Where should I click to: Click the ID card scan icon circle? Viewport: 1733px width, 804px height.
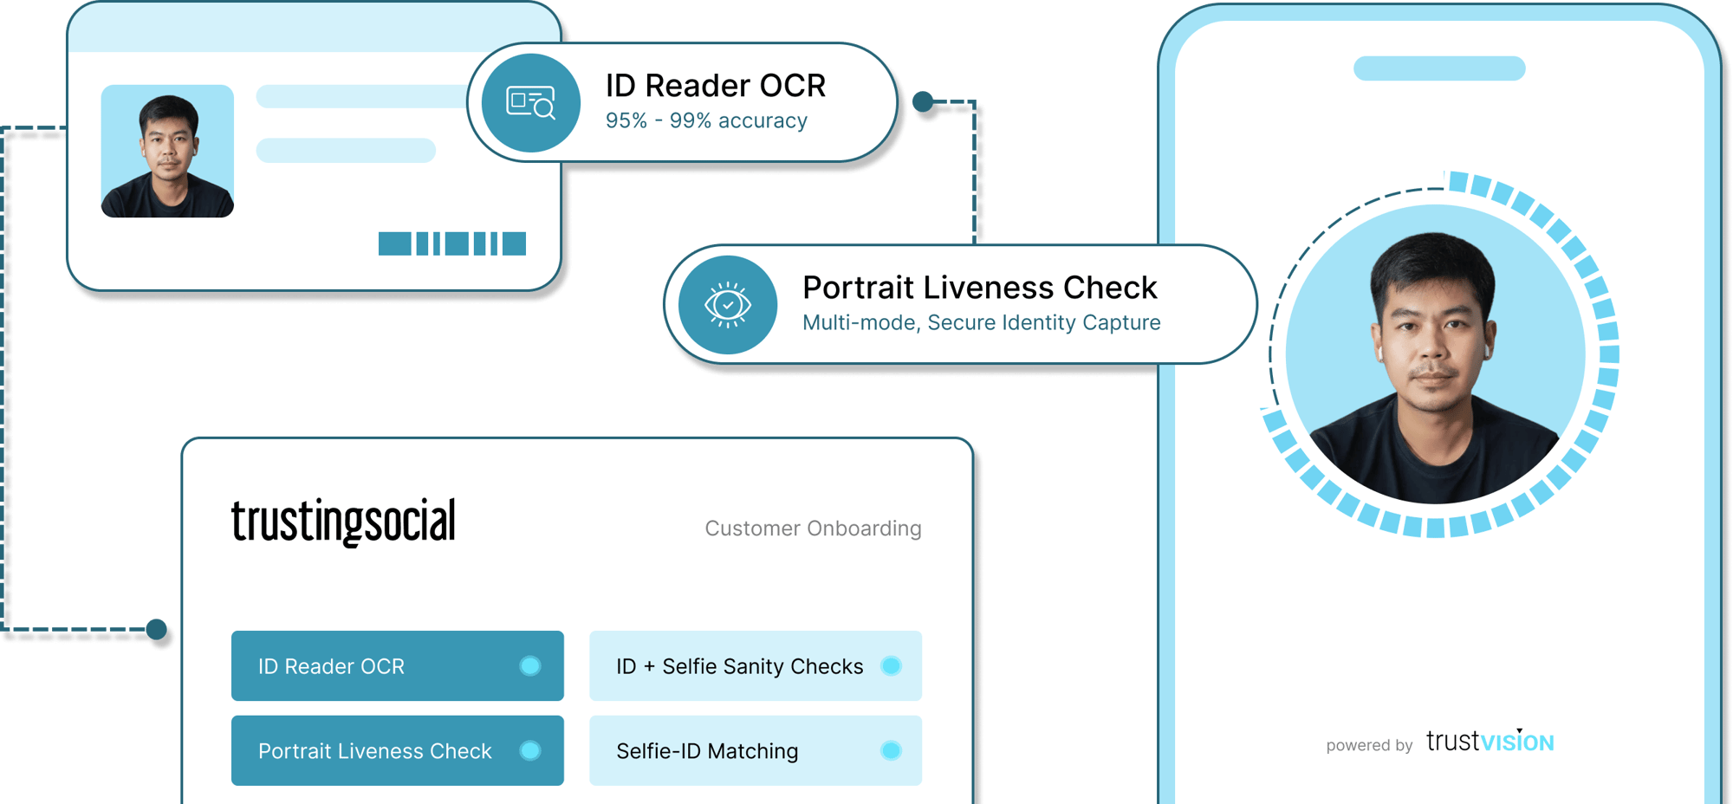pyautogui.click(x=530, y=103)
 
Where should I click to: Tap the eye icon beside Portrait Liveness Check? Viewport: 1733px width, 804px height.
pyautogui.click(x=728, y=305)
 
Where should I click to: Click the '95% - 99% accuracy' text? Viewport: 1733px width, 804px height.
pyautogui.click(x=706, y=121)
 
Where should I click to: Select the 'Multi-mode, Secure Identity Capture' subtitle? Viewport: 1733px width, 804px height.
pyautogui.click(x=981, y=323)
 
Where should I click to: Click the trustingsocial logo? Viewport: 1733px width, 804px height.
pyautogui.click(x=343, y=522)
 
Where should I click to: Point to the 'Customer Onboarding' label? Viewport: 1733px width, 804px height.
pyautogui.click(x=813, y=528)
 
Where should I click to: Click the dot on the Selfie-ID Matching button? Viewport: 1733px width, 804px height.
pyautogui.click(x=891, y=750)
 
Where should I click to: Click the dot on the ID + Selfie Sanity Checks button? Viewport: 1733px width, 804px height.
pyautogui.click(x=891, y=665)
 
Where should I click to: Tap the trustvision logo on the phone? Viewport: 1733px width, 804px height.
pyautogui.click(x=1490, y=742)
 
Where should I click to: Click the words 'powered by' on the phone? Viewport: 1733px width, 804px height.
pyautogui.click(x=1369, y=745)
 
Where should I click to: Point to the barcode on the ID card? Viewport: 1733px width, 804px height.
pyautogui.click(x=451, y=243)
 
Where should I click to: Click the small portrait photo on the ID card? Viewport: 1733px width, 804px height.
pyautogui.click(x=167, y=151)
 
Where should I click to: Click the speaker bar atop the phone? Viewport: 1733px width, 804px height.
pyautogui.click(x=1439, y=68)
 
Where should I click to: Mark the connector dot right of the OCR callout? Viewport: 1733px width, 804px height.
pyautogui.click(x=924, y=102)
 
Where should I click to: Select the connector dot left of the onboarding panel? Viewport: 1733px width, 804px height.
pyautogui.click(x=157, y=630)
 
